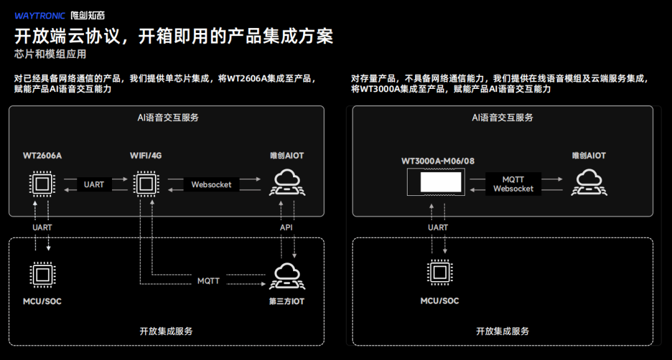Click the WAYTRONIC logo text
[39, 15]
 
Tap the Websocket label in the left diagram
[211, 185]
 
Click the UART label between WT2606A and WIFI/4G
[94, 185]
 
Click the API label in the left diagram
[286, 228]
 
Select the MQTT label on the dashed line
[208, 280]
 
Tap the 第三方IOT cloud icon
[287, 276]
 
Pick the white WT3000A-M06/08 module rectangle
[441, 182]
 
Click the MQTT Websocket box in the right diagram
[513, 184]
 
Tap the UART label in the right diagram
[438, 228]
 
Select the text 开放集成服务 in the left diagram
[166, 331]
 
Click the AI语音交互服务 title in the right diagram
[502, 118]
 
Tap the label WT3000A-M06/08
[438, 161]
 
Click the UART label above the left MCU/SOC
[42, 228]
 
